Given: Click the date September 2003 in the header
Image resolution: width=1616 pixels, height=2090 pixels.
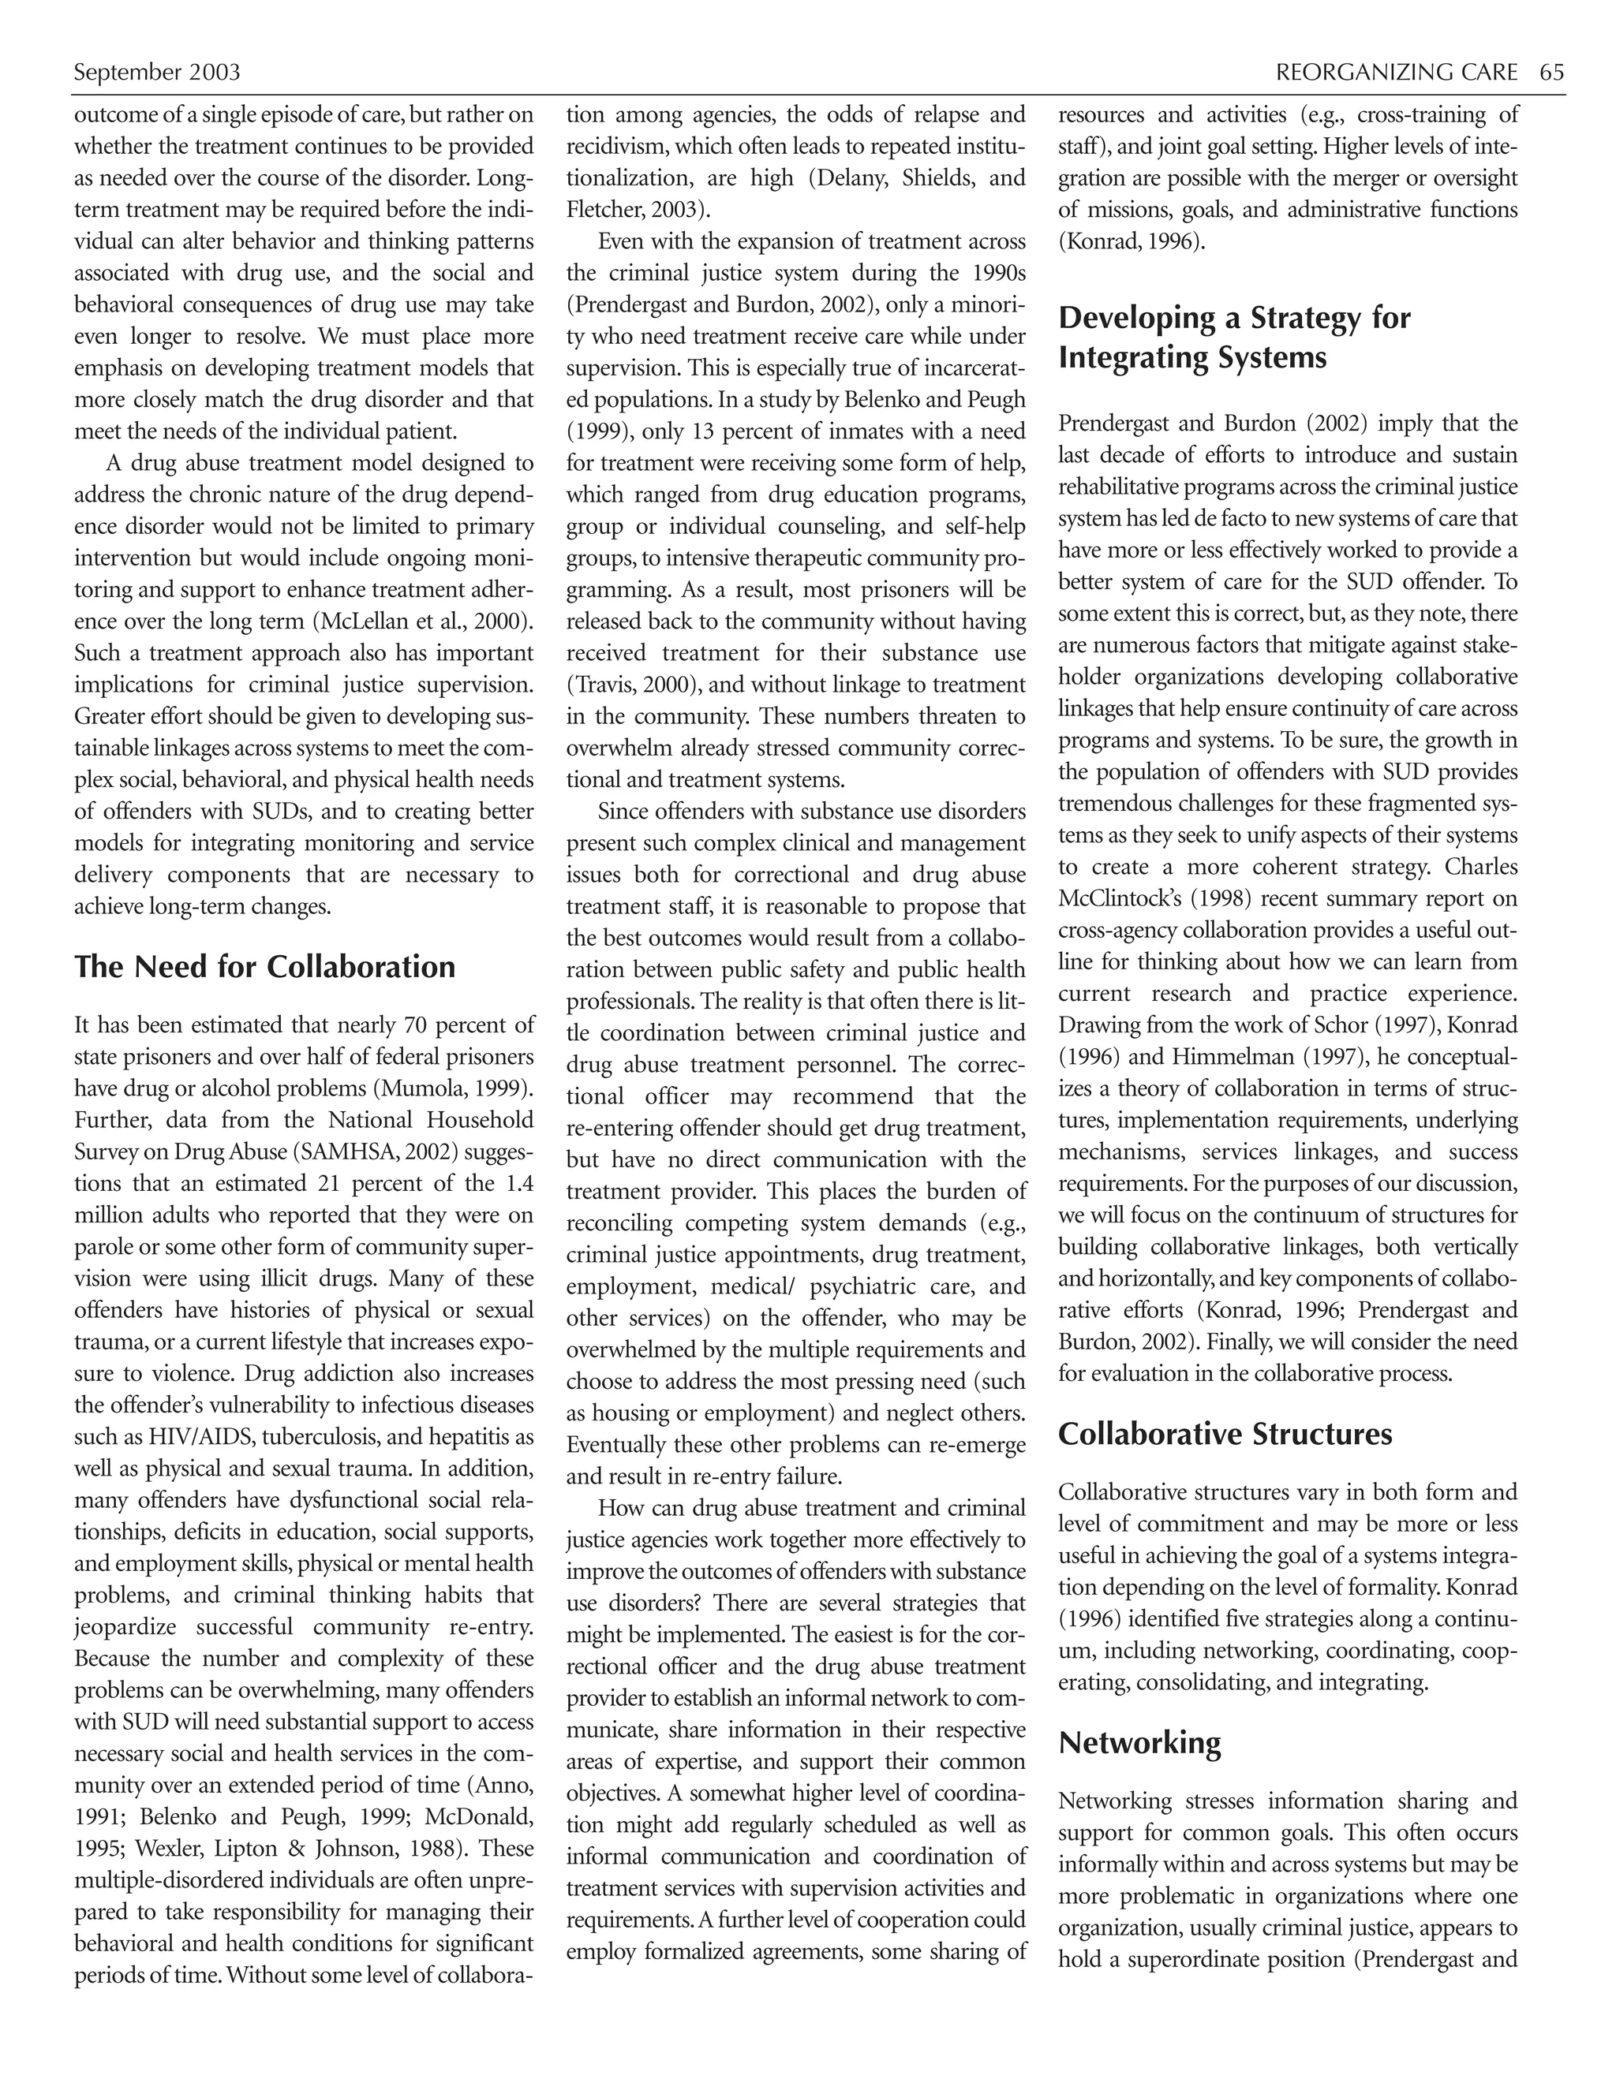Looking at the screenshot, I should pyautogui.click(x=157, y=73).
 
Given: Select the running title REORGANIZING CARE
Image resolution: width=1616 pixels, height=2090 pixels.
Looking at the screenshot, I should pyautogui.click(x=1397, y=73).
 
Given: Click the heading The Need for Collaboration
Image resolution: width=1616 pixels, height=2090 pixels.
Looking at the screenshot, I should pyautogui.click(x=265, y=967).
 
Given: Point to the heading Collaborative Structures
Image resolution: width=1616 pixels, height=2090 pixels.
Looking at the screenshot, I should pyautogui.click(x=1225, y=1434).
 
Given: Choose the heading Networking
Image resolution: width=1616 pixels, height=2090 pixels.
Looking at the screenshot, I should pyautogui.click(x=1139, y=1743).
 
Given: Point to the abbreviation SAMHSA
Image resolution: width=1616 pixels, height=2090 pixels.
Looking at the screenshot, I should pyautogui.click(x=338, y=1152).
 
